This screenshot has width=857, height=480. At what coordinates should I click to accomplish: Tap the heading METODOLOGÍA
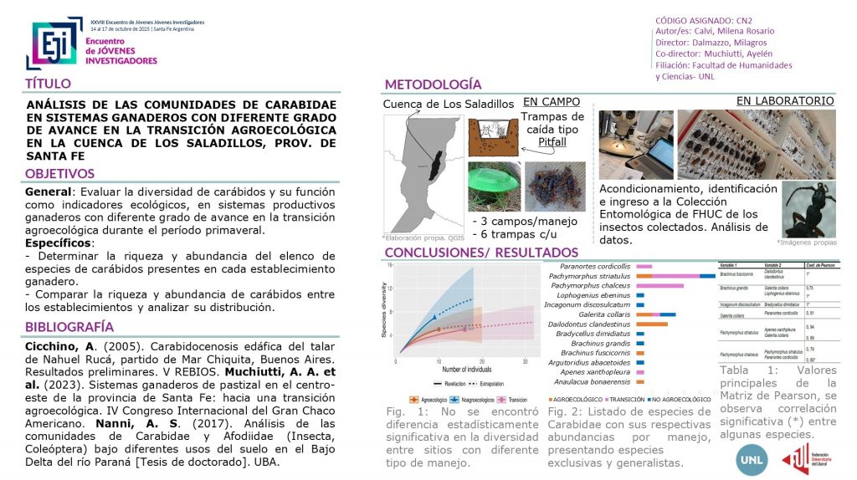click(x=432, y=84)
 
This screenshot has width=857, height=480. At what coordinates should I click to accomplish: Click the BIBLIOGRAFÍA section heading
click(x=69, y=327)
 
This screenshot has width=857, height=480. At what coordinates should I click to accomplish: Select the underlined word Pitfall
click(x=552, y=143)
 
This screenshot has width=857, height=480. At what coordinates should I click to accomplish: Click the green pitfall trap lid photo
click(x=493, y=186)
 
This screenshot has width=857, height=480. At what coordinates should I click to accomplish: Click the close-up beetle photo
click(x=808, y=209)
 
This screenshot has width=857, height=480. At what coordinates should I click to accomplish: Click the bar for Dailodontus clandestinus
click(x=651, y=324)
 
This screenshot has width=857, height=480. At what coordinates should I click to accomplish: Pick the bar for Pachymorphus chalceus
click(x=659, y=286)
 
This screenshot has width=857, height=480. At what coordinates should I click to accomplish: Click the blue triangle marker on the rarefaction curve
click(x=434, y=317)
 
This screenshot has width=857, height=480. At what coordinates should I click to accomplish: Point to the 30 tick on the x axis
click(x=524, y=360)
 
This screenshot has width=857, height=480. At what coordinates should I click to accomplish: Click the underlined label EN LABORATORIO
click(x=784, y=101)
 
